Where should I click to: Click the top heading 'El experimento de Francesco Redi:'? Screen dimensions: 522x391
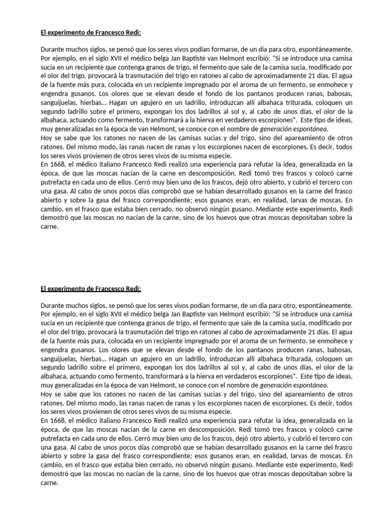pyautogui.click(x=91, y=34)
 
